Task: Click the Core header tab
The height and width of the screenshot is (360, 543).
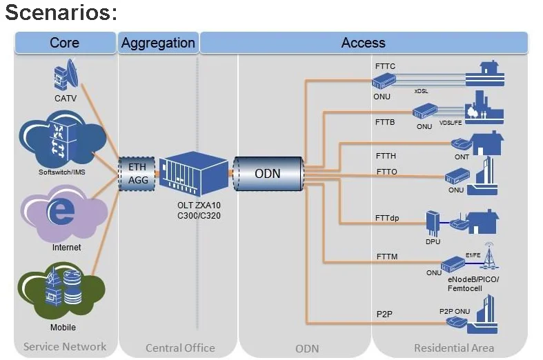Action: coord(65,43)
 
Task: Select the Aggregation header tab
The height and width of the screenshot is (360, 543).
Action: coord(158,43)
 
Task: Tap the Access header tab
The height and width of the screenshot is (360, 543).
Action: coord(363,43)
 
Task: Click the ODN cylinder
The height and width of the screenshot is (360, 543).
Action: coord(268,174)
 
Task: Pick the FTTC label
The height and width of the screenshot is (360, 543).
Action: coord(385,66)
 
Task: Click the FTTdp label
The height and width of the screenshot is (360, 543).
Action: coord(387,219)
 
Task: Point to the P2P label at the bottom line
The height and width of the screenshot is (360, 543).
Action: coord(384,314)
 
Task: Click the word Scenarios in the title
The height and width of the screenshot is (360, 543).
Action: coord(61,13)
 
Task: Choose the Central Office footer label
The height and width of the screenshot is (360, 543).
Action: coord(180,348)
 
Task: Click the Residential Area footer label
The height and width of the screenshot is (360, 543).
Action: coord(453,348)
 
